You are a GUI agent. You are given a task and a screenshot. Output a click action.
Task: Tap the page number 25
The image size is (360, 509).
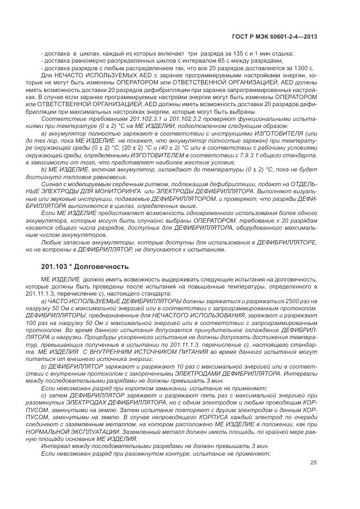pos(314,463)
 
